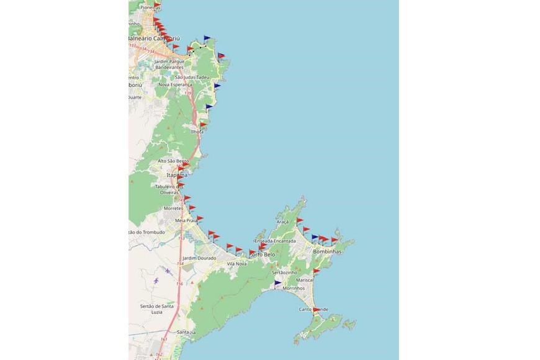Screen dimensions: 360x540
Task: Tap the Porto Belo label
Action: coord(261,254)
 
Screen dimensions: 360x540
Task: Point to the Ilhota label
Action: coord(197,132)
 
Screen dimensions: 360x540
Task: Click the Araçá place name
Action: coord(282,222)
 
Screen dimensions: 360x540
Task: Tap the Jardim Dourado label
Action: coord(199,258)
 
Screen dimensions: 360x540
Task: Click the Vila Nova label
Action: coord(236,264)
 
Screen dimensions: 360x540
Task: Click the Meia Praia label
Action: coord(186,220)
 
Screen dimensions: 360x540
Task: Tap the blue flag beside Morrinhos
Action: coord(277,284)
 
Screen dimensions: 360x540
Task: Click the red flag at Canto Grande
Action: coord(317,309)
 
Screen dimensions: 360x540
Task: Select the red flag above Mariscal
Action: coord(317,271)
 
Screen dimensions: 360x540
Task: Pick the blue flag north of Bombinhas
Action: coord(315,237)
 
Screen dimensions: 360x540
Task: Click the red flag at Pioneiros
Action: coord(157,5)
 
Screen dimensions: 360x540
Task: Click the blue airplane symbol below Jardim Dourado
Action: coord(167,271)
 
